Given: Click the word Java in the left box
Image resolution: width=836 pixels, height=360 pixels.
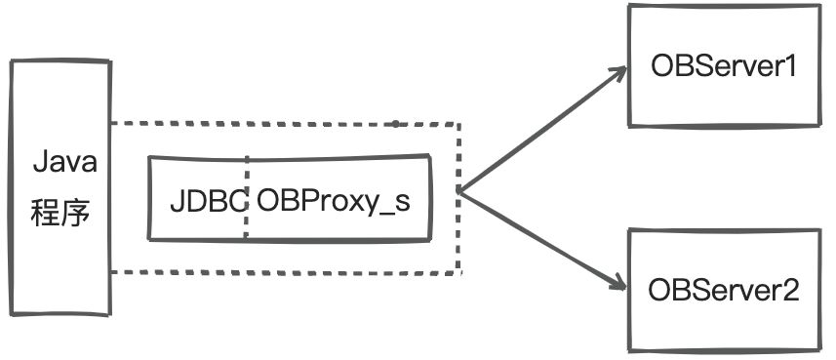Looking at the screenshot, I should tap(65, 163).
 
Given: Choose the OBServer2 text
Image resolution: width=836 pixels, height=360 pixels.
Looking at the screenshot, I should tap(724, 290).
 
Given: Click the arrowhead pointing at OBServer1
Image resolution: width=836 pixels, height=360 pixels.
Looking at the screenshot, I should tap(618, 72).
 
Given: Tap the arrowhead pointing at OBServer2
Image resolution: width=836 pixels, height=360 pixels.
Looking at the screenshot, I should tap(618, 285).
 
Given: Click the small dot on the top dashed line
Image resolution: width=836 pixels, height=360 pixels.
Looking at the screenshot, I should tap(395, 124).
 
